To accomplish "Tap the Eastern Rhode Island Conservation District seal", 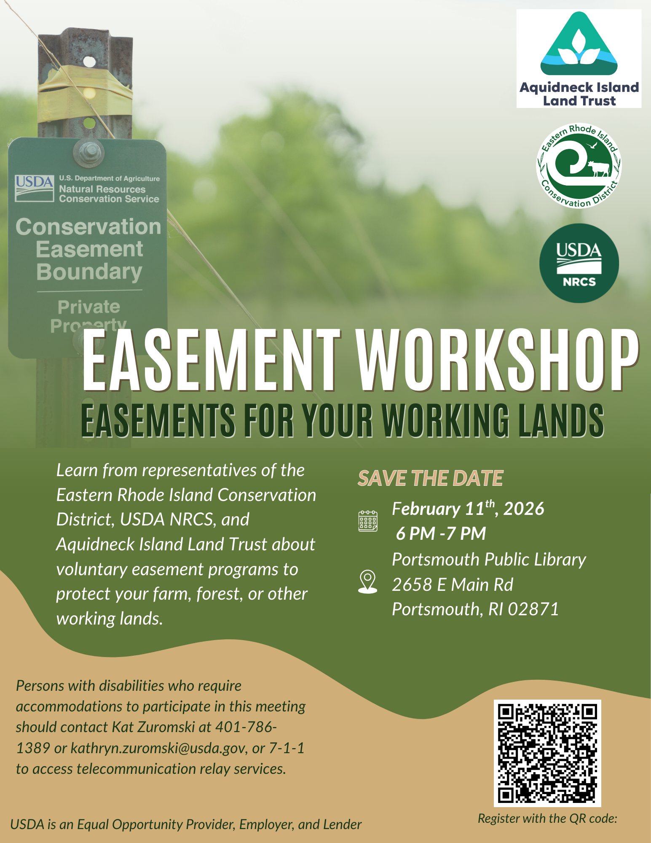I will pos(579,166).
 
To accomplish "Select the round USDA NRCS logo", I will pos(579,263).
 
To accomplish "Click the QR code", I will pos(547,753).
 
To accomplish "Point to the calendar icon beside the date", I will pos(368,521).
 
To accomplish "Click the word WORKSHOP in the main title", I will pos(497,361).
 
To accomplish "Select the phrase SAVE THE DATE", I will pos(430,478).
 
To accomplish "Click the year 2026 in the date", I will pos(524,509).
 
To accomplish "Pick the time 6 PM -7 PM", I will pos(441,534).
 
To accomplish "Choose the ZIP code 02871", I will pos(533,609).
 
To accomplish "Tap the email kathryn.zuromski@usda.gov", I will pos(158,748).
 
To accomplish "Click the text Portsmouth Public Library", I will pos(489,560).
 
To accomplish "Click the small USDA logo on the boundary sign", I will pos(35,188).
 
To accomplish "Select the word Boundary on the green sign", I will pos(89,272).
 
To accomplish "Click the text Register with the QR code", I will pos(547,819).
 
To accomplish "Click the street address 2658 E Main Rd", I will pos(453,585).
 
